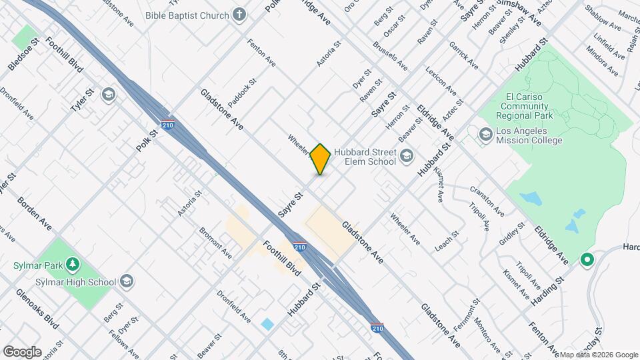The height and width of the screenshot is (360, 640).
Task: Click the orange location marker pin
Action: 320,159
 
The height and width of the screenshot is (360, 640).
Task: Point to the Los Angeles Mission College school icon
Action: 485,135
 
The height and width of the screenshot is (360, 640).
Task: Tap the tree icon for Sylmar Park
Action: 71,265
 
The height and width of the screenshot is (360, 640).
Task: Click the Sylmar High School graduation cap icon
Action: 127,281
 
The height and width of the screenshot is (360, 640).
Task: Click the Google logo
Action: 22,351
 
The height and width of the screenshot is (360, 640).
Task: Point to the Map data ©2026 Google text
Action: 597,355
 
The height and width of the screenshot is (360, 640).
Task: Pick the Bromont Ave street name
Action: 215,243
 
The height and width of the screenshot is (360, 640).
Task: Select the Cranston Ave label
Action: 487,201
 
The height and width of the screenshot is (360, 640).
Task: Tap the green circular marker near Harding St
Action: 587,259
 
